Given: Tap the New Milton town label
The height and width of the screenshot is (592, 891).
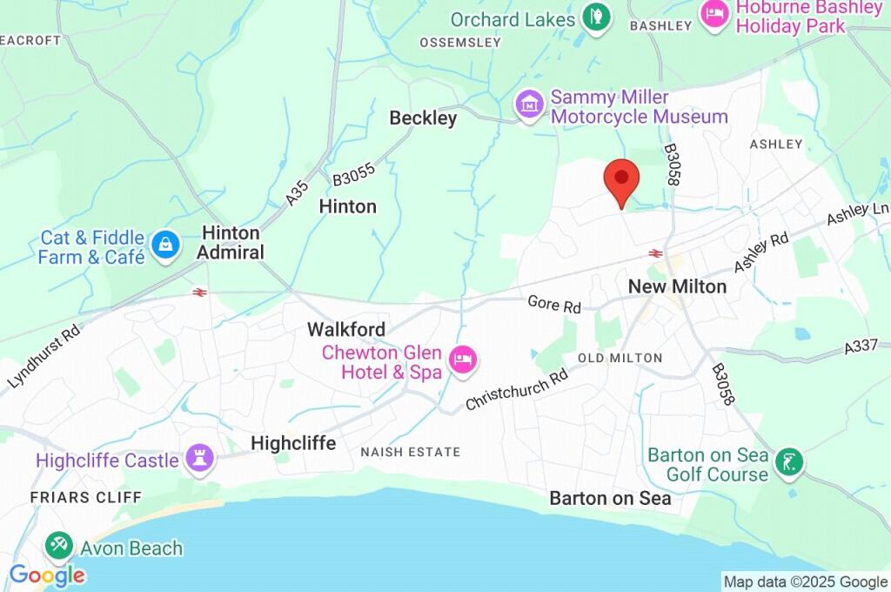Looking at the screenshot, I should click(677, 286).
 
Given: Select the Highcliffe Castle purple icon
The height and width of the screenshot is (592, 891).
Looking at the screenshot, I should click(200, 460).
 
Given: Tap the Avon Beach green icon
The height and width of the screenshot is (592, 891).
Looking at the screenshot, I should click(59, 548).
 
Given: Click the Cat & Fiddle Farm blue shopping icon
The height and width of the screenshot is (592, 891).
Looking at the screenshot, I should click(164, 246).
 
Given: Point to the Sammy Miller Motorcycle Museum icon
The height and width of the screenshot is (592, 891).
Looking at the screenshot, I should click(529, 105).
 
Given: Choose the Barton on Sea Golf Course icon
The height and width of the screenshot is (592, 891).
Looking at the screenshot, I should click(789, 462).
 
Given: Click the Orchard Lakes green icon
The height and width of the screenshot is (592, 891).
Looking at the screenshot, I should click(597, 17).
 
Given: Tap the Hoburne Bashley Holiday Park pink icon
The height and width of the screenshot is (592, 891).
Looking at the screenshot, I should click(714, 12).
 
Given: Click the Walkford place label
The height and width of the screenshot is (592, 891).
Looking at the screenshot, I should click(345, 330).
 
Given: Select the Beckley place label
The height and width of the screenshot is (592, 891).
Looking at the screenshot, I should click(423, 118).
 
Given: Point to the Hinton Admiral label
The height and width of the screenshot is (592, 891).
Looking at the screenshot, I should click(232, 243).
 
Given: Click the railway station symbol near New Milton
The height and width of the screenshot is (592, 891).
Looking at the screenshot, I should click(655, 253).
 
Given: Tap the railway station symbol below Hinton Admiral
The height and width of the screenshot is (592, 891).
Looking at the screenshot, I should click(199, 293).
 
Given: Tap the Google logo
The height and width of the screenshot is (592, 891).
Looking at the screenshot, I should click(47, 575).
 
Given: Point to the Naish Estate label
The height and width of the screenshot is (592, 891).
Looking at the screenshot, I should click(411, 452).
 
